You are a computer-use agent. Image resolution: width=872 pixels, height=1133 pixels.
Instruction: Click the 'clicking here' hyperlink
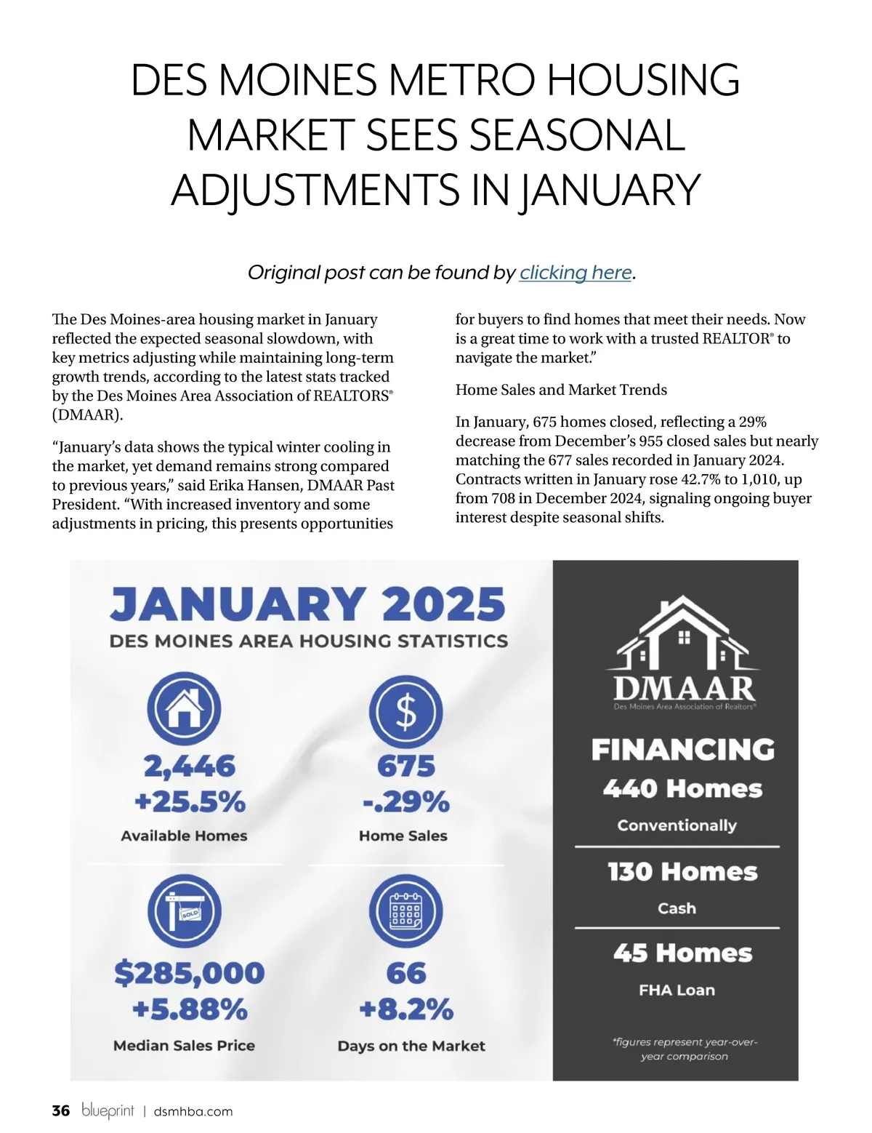coord(576,273)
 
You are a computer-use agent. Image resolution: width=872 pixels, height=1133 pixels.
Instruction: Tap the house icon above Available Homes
coord(184,708)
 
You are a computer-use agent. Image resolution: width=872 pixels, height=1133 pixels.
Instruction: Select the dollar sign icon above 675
coord(405,711)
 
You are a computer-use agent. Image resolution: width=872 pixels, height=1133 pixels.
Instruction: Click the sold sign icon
coord(184,912)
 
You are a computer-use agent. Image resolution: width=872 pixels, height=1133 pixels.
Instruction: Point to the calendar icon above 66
coord(405,912)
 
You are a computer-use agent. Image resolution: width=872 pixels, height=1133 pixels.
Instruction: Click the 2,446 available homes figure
coord(190,766)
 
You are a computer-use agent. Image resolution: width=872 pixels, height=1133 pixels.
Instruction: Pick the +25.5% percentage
coord(190,801)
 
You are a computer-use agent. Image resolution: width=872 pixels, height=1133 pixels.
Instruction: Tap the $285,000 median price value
coord(190,973)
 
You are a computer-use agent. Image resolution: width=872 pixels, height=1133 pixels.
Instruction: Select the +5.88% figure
coord(190,1009)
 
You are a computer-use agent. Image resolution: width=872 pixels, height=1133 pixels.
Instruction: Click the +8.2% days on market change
coord(406,1009)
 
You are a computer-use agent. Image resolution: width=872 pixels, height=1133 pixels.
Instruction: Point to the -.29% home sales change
coord(406,801)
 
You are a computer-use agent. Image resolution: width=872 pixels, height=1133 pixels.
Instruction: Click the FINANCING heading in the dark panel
coord(682,750)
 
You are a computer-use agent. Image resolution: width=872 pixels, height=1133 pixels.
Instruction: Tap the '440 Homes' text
coord(682,789)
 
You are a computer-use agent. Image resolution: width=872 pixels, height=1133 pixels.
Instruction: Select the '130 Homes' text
coord(682,872)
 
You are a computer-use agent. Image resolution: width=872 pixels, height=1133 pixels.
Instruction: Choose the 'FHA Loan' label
coord(677,990)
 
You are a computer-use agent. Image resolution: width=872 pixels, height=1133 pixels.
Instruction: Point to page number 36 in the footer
coord(61,1110)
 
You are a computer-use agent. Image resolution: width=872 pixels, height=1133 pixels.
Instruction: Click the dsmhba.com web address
coord(193,1111)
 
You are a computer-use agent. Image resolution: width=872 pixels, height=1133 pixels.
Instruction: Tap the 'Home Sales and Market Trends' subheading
coord(561,390)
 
